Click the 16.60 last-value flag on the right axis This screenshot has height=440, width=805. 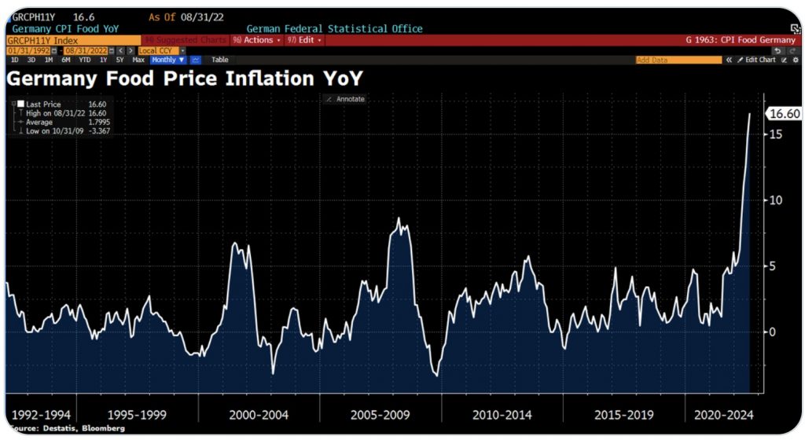pyautogui.click(x=784, y=114)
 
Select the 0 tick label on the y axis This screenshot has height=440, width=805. pyautogui.click(x=774, y=332)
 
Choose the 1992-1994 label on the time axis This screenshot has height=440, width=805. pyautogui.click(x=43, y=414)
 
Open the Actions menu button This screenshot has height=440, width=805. pyautogui.click(x=257, y=40)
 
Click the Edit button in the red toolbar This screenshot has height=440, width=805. pyautogui.click(x=303, y=40)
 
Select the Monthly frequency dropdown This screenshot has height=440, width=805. pyautogui.click(x=168, y=60)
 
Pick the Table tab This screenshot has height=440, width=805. pyautogui.click(x=220, y=60)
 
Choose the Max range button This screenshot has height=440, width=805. pyautogui.click(x=138, y=60)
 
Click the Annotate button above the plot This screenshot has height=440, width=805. pyautogui.click(x=346, y=99)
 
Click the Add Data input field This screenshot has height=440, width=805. pyautogui.click(x=678, y=60)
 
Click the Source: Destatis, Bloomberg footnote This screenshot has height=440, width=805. pyautogui.click(x=66, y=428)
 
